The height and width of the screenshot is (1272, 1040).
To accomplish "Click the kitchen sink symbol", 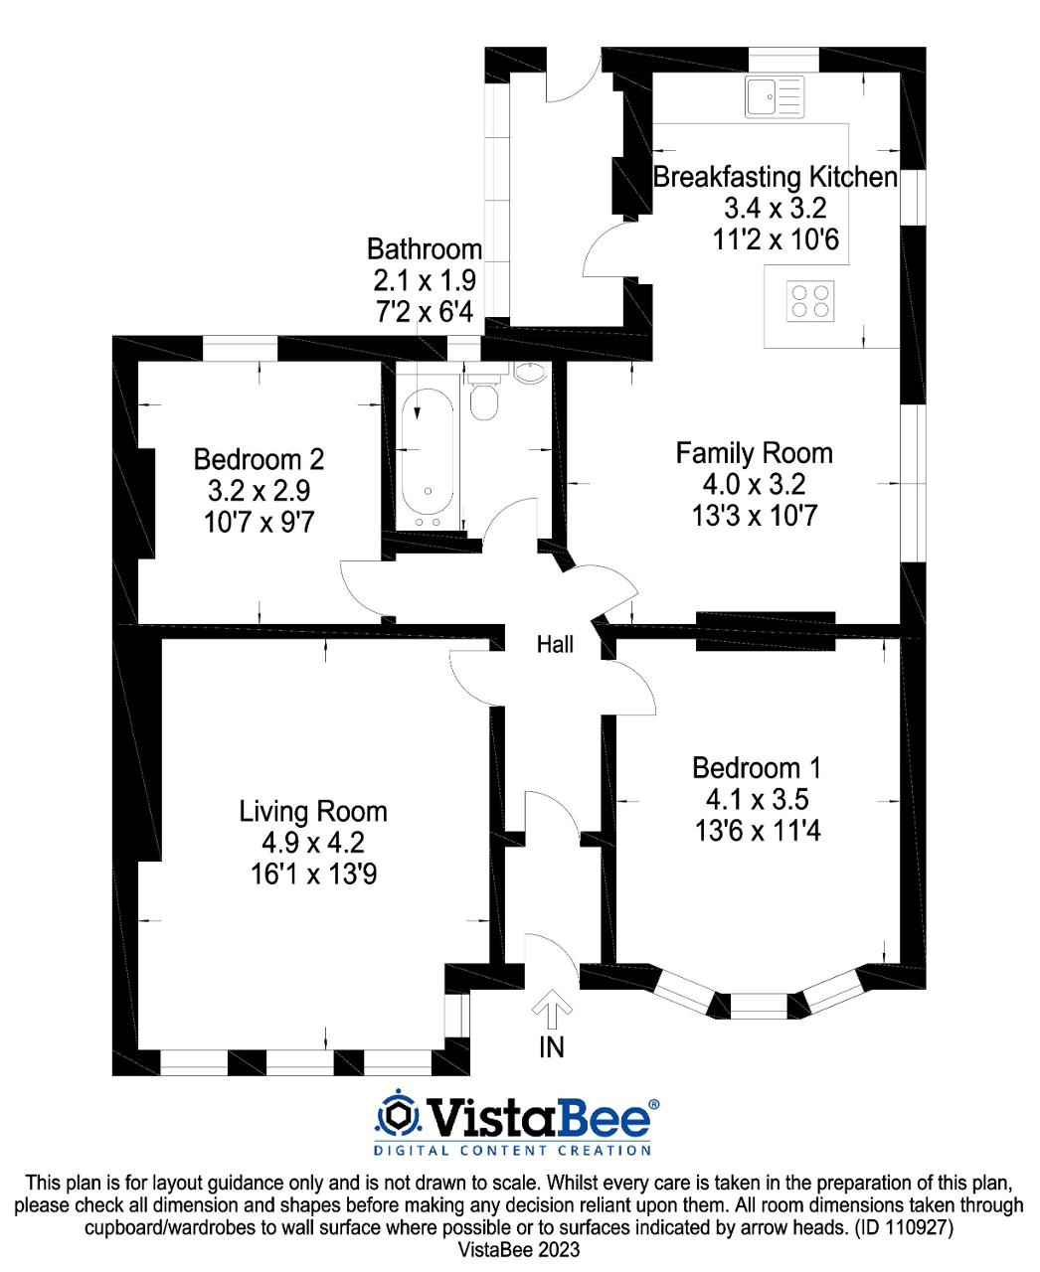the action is click(775, 96).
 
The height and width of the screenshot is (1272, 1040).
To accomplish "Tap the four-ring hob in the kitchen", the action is click(810, 301).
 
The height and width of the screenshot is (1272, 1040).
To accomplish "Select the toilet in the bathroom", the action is click(483, 398).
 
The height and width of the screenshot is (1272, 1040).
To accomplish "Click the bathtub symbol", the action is click(428, 459).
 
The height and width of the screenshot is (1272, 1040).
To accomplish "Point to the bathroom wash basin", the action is click(529, 372).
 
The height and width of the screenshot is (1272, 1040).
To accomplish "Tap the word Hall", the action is click(555, 645).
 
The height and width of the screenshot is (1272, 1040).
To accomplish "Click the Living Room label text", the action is click(312, 812).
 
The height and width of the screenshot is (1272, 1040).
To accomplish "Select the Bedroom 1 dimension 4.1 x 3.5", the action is click(757, 800).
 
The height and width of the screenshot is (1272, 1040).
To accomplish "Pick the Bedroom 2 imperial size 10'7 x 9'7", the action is click(259, 523).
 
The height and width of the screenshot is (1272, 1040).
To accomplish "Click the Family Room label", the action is click(754, 453).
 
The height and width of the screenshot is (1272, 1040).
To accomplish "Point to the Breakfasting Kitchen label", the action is click(775, 177).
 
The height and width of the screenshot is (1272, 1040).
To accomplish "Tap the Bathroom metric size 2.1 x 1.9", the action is click(425, 280).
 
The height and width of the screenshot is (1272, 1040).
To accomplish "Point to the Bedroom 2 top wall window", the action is click(240, 349).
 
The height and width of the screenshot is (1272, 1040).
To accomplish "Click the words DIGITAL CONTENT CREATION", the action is click(512, 1150).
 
